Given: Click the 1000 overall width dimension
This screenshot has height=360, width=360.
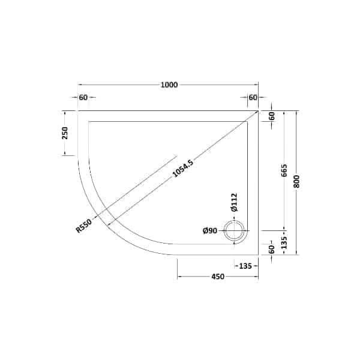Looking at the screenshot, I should point(169,85).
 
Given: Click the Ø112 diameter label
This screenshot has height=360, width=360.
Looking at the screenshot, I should point(234,202).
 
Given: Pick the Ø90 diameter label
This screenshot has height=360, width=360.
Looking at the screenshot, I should point(209,230).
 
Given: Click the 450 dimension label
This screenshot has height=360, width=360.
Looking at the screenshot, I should point(217,277).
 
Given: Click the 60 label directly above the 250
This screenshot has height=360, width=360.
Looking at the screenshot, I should point(83,97).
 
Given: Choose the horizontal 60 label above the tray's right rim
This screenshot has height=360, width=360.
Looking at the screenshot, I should point(252,97).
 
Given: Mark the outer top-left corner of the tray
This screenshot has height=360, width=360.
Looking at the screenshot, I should point(78,111).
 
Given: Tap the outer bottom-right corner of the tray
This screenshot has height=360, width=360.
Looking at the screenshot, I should point(258,254).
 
